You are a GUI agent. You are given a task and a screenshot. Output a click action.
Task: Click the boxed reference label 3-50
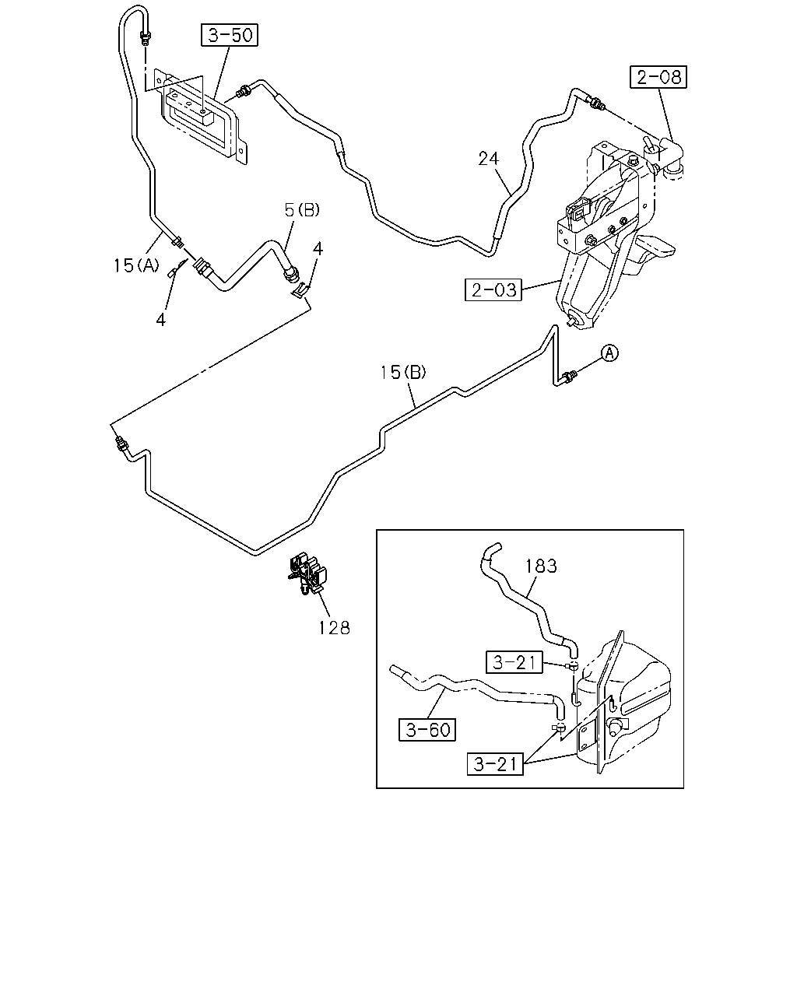(230, 35)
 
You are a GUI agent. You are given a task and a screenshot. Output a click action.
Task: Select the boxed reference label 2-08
(658, 77)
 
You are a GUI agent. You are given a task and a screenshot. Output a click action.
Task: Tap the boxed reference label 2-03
(493, 289)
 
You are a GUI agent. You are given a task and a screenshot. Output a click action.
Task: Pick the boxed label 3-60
(427, 730)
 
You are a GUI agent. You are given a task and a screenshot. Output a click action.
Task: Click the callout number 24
(489, 159)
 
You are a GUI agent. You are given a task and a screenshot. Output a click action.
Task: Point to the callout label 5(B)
(302, 210)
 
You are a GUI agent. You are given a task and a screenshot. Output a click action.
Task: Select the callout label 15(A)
(136, 265)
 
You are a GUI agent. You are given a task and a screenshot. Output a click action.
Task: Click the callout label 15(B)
(403, 372)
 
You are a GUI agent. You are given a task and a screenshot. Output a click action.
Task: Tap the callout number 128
(334, 628)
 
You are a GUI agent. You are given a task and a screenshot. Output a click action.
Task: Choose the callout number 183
(541, 566)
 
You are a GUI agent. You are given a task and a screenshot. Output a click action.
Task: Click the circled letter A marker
(609, 353)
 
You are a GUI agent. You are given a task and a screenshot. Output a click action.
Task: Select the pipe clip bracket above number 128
(306, 573)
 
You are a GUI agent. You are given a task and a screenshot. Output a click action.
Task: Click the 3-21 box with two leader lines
(495, 764)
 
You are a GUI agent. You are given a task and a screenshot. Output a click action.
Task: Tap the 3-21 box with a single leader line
(514, 662)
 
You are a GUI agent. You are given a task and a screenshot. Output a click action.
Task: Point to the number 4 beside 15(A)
(160, 320)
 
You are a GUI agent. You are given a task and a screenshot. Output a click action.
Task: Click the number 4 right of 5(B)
(318, 249)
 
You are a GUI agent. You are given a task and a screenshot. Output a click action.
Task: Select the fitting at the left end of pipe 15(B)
(121, 444)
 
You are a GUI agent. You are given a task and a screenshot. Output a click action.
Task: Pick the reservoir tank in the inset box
(623, 704)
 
